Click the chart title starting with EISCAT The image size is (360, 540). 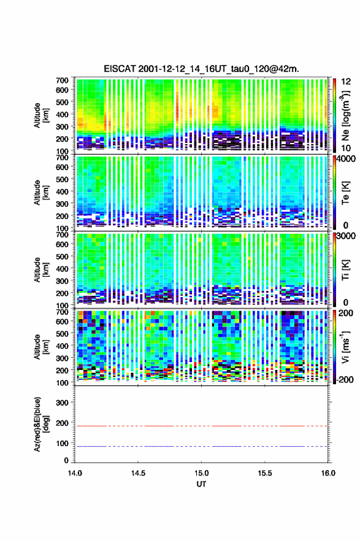(x=201, y=69)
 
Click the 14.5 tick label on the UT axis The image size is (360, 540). (x=138, y=473)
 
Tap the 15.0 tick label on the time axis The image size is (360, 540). (x=201, y=473)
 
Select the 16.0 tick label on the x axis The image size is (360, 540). (x=328, y=473)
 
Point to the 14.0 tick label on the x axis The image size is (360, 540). (x=75, y=473)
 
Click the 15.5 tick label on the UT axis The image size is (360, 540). (x=265, y=473)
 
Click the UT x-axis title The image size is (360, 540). (x=201, y=484)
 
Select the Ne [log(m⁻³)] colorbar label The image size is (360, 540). (x=346, y=116)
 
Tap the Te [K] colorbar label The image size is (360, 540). (x=345, y=193)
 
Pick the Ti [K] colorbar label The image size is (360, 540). (x=345, y=269)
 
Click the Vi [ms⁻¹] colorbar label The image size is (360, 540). (x=346, y=347)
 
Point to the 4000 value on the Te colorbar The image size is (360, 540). (x=347, y=159)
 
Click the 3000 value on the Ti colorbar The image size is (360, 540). (x=347, y=236)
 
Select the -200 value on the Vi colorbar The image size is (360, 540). (x=345, y=379)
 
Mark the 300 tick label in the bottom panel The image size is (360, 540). (x=62, y=403)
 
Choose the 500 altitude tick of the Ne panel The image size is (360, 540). (x=62, y=102)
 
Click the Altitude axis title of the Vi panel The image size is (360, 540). (x=41, y=347)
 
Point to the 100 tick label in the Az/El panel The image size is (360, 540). (x=62, y=443)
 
